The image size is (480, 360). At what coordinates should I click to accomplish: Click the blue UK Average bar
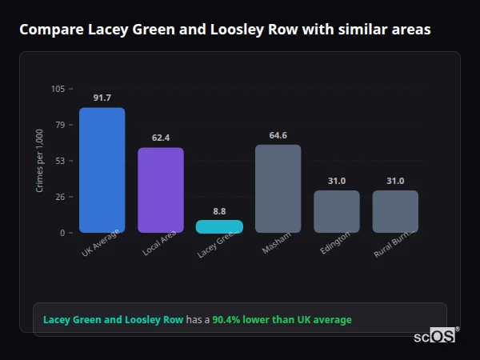(x=102, y=170)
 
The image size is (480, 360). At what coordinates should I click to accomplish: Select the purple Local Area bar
(x=161, y=190)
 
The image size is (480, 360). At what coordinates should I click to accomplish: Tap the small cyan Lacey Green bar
(x=219, y=226)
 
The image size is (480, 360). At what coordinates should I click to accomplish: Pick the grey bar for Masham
(x=278, y=188)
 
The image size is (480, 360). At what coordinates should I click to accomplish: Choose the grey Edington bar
(x=336, y=211)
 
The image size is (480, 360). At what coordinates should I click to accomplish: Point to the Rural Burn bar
(x=395, y=211)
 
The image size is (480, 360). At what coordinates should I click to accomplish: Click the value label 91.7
(x=102, y=98)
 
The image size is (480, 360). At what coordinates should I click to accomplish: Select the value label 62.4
(x=161, y=138)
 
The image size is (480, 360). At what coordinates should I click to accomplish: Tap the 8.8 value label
(x=219, y=210)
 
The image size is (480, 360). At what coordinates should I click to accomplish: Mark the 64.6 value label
(x=278, y=135)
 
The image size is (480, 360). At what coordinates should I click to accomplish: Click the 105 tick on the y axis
(x=58, y=89)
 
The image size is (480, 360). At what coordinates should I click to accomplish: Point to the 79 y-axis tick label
(x=60, y=125)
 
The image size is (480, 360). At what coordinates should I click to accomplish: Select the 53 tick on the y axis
(x=60, y=161)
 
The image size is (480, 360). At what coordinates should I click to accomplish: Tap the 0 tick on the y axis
(x=62, y=233)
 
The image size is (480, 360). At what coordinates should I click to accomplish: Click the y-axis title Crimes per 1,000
(x=39, y=160)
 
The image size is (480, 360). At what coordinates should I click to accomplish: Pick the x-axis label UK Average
(x=101, y=243)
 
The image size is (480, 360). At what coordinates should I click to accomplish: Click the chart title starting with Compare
(x=225, y=30)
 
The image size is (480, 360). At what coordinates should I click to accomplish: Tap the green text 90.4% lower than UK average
(x=282, y=320)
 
